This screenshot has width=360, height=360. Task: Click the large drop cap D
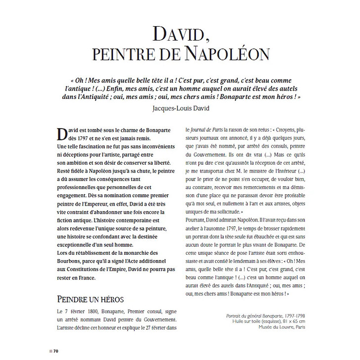tap(62, 134)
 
